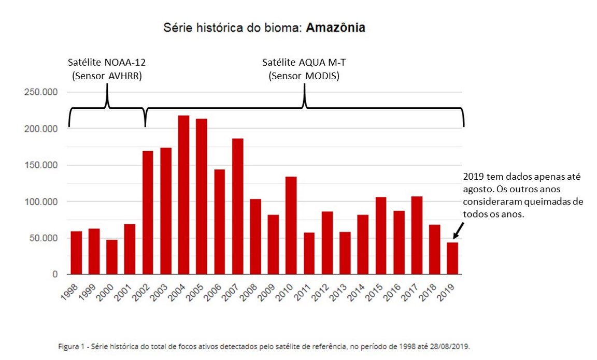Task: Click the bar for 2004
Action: (x=184, y=195)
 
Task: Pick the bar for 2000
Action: (x=112, y=257)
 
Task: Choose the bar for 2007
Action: (x=238, y=206)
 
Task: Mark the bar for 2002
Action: (x=148, y=212)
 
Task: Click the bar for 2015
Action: (x=381, y=236)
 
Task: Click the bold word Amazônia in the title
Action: (x=335, y=27)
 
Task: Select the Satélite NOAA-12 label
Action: (x=107, y=63)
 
